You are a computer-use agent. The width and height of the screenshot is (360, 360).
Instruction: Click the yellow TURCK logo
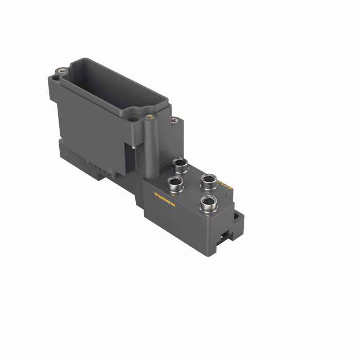(x=165, y=199)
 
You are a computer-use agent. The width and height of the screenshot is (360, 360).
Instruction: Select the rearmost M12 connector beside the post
(x=180, y=165)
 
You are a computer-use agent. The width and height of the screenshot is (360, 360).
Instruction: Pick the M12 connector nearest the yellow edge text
(x=209, y=181)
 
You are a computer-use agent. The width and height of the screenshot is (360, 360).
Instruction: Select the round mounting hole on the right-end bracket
(x=238, y=219)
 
